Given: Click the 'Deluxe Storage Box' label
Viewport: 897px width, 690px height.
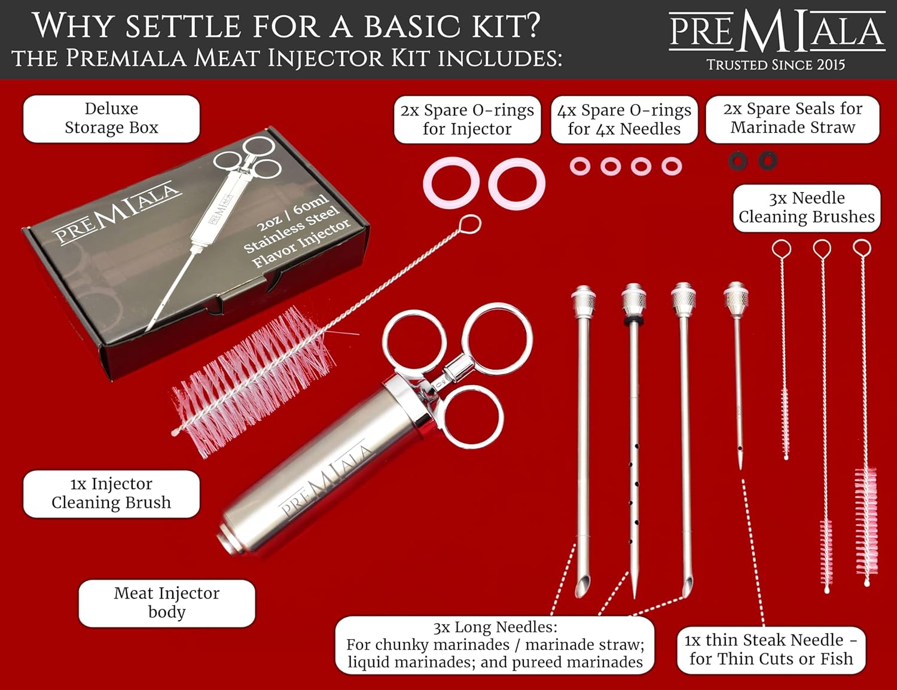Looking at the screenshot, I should (x=111, y=118).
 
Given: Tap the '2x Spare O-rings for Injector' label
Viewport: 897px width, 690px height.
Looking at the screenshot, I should (x=467, y=120).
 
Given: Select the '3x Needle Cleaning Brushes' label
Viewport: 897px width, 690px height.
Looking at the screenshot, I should (x=806, y=207).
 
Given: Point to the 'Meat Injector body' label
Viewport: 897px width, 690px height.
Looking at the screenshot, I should (x=167, y=603).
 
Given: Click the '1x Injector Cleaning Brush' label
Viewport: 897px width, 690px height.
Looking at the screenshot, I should (x=111, y=493).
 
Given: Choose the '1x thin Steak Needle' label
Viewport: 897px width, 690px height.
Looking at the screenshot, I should (x=771, y=649).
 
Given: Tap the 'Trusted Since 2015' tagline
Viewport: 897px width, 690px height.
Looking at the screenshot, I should (x=776, y=65).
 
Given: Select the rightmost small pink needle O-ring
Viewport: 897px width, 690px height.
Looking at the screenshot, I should (x=672, y=166).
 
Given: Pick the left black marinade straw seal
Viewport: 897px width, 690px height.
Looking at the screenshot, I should (x=737, y=161).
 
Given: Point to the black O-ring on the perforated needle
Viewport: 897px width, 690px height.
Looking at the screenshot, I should (x=633, y=321).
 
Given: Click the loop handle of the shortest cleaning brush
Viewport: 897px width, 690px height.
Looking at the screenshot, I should (x=781, y=248).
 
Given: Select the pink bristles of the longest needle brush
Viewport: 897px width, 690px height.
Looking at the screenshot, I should (x=865, y=520).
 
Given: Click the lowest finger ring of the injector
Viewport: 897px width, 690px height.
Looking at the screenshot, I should (x=473, y=417).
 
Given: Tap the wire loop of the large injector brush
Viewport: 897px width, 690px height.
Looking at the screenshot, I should (x=471, y=224).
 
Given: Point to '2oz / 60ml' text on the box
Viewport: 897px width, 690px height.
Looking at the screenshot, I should (x=292, y=213).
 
